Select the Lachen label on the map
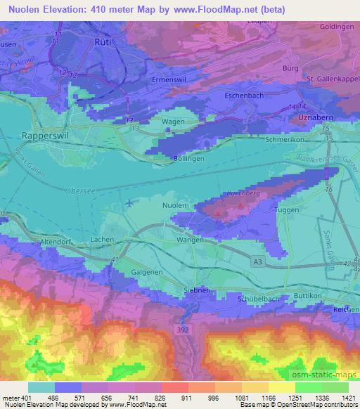point(104,240)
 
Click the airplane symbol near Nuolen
point(129,204)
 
